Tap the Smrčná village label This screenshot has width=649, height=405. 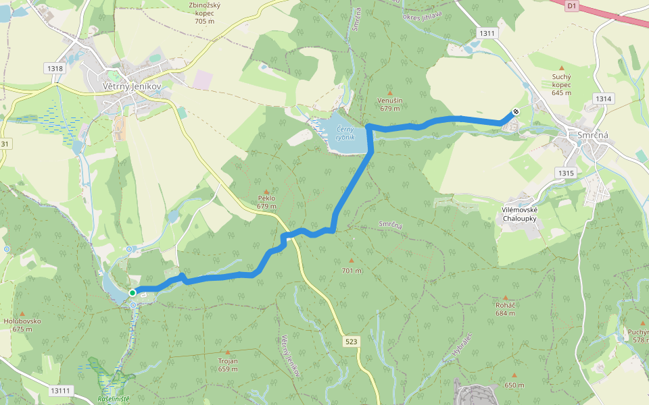[593, 135]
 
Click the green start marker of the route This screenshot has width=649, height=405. [133, 292]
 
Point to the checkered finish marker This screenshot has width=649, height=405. [516, 113]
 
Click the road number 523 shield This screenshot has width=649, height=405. [351, 342]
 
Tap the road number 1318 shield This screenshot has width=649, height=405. [55, 68]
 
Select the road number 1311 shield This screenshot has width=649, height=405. [486, 33]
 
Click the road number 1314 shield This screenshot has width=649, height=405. [604, 99]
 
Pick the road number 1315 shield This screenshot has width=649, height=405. [567, 173]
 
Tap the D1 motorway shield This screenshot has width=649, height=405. [572, 5]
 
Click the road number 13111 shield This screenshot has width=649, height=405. [60, 391]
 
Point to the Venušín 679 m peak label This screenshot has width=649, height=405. [390, 104]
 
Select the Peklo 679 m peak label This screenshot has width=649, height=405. [267, 202]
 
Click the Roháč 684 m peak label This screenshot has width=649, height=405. [505, 308]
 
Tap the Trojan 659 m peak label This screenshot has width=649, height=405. [228, 364]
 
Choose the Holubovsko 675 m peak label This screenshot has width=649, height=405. [22, 325]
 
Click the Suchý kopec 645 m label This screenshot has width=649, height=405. [561, 85]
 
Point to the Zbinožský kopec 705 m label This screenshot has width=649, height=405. [204, 13]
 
